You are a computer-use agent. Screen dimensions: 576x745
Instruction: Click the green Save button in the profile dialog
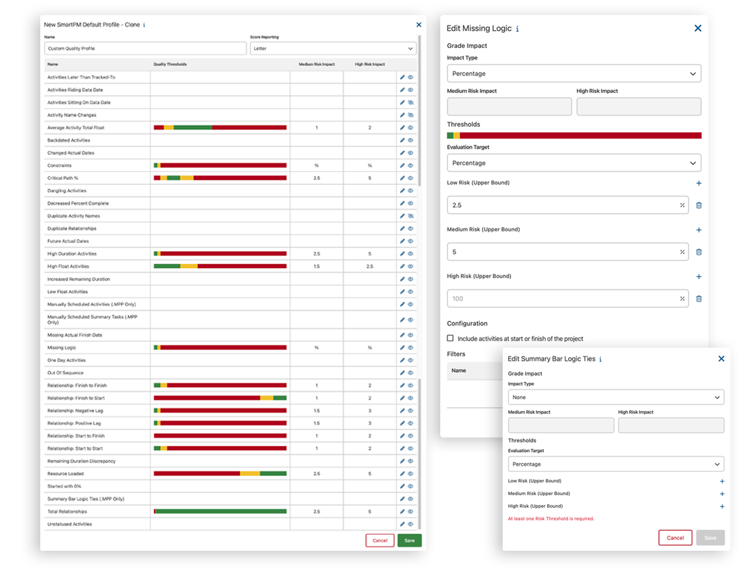(x=409, y=541)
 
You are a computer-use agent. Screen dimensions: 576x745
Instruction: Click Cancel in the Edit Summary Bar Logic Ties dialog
(x=675, y=538)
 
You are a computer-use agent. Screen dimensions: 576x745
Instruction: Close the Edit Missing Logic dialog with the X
(x=698, y=28)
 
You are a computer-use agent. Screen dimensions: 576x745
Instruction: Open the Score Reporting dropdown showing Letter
(x=333, y=49)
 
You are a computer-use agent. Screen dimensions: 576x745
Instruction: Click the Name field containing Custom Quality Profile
(x=145, y=49)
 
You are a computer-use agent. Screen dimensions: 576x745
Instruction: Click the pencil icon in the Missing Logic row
(x=402, y=348)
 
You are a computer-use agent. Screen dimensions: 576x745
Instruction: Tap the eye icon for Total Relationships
(x=411, y=511)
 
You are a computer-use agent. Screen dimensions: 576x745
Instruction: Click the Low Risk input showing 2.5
(x=567, y=205)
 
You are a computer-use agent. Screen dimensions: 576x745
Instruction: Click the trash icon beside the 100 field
(x=699, y=298)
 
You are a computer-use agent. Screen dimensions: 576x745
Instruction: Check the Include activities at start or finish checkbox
(x=450, y=338)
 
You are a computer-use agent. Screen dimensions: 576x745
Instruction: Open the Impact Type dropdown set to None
(x=615, y=397)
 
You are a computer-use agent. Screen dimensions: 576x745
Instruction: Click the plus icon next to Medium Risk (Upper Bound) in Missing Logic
(x=699, y=230)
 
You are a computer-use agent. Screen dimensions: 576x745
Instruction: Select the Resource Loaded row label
(x=66, y=474)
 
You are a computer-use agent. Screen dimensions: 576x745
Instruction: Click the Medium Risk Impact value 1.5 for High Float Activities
(x=317, y=266)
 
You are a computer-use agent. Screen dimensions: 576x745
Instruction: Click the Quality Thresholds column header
(x=170, y=64)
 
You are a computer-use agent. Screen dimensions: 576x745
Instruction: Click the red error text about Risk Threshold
(x=551, y=518)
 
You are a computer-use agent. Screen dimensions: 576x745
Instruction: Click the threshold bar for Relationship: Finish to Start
(x=220, y=398)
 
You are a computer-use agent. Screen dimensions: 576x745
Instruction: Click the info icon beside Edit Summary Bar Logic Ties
(x=600, y=360)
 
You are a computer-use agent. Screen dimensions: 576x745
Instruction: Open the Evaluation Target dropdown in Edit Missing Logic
(x=573, y=163)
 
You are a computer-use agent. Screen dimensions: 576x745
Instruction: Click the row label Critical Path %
(x=63, y=178)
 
